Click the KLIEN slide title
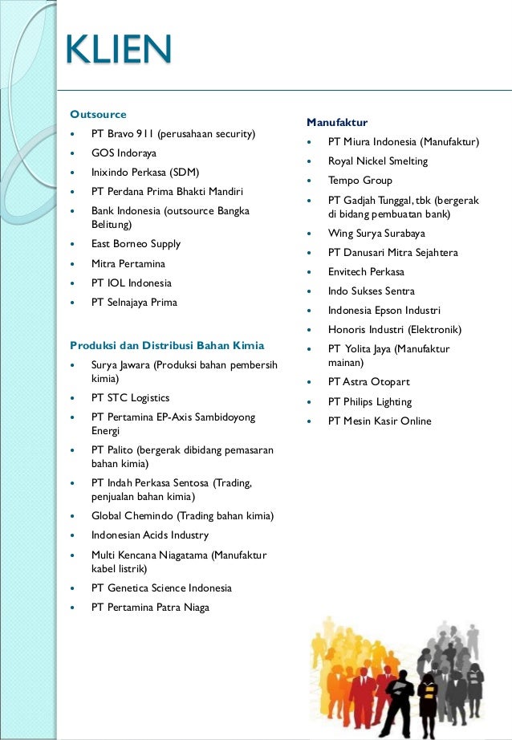pos(118,51)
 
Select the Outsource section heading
pos(98,114)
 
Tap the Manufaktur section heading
pos(337,122)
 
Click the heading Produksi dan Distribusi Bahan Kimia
pos(167,346)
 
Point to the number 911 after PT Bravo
pos(144,133)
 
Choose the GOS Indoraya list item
pos(124,152)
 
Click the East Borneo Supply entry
pos(136,244)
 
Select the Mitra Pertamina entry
pos(128,263)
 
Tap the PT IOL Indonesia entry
pos(132,283)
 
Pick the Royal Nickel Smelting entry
pos(378,161)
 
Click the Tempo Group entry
pos(360,181)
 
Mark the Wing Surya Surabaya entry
pos(376,234)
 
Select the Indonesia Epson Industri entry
pos(384,311)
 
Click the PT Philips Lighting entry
pos(370,402)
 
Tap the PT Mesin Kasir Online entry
pos(380,421)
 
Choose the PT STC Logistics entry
pos(131,398)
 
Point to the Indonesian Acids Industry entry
pos(150,535)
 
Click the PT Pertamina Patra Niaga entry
pos(150,608)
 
